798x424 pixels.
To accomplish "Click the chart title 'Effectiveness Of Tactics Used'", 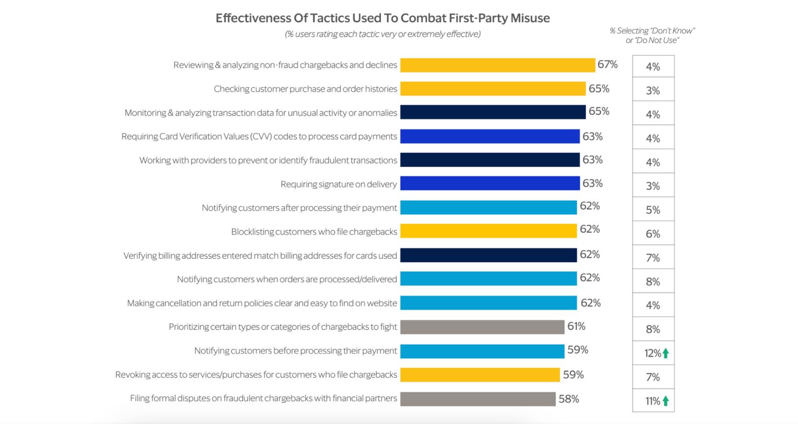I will pyautogui.click(x=382, y=18).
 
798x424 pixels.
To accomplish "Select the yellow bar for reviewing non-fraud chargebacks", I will pyautogui.click(x=497, y=65).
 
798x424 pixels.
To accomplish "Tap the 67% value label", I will pyautogui.click(x=607, y=64).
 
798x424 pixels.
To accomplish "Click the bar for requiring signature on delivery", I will pyautogui.click(x=489, y=183).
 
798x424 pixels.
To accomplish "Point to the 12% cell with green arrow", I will pyautogui.click(x=653, y=353).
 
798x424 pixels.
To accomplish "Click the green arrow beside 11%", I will pyautogui.click(x=665, y=401).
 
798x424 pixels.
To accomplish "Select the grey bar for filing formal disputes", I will pyautogui.click(x=477, y=399).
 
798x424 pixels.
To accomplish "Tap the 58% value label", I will pyautogui.click(x=569, y=399).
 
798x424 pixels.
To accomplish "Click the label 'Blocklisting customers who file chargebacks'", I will pyautogui.click(x=314, y=232).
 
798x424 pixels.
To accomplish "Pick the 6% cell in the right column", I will pyautogui.click(x=653, y=234).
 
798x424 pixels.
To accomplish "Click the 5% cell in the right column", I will pyautogui.click(x=653, y=210).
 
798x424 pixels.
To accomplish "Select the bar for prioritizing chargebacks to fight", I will pyautogui.click(x=482, y=327).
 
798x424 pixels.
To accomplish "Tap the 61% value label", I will pyautogui.click(x=576, y=326).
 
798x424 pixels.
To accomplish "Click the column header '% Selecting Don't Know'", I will pyautogui.click(x=652, y=35).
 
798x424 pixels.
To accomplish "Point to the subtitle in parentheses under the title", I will pyautogui.click(x=382, y=34).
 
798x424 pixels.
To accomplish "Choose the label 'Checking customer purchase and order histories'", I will pyautogui.click(x=305, y=89).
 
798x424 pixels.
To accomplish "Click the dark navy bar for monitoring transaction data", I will pyautogui.click(x=492, y=112).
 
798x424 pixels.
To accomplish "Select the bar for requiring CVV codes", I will pyautogui.click(x=489, y=136).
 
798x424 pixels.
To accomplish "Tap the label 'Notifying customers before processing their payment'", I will pyautogui.click(x=295, y=351).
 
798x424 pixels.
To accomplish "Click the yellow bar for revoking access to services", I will pyautogui.click(x=480, y=375).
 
